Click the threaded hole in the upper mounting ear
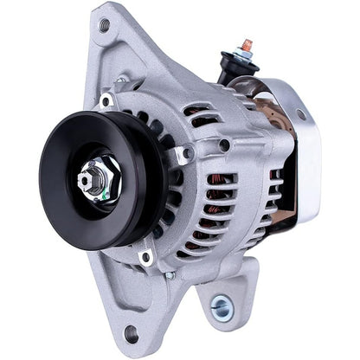(x=105, y=26)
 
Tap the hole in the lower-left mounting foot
(x=131, y=331)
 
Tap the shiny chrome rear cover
(x=299, y=147)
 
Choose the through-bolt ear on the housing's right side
(x=183, y=155)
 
